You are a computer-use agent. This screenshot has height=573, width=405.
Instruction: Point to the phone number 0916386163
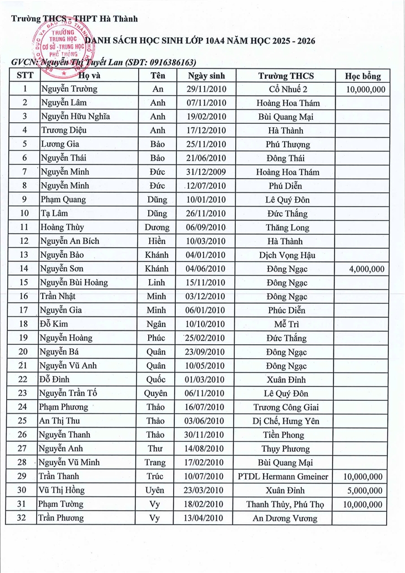coord(168,63)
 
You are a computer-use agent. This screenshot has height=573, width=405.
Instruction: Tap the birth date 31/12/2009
coord(206,172)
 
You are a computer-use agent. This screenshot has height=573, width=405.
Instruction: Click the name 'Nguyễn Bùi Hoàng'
coord(74,283)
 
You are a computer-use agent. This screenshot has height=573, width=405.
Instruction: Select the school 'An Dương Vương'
coord(285,518)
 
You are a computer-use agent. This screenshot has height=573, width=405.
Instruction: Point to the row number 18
coord(23,324)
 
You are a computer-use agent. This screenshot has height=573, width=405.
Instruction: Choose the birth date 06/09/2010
coord(206,227)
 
